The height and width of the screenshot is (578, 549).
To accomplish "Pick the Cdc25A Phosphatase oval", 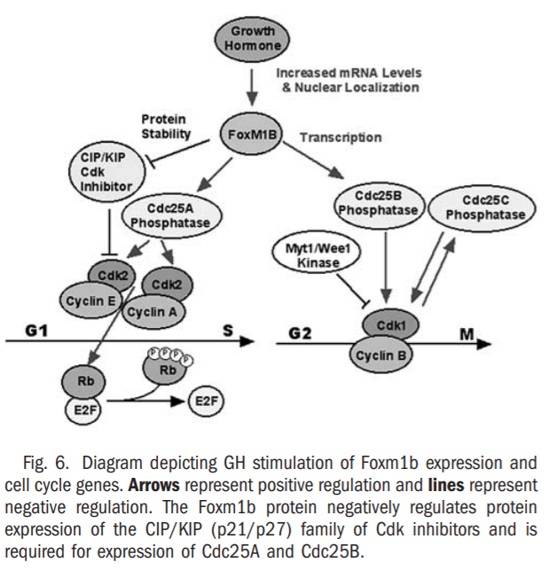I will pyautogui.click(x=170, y=215).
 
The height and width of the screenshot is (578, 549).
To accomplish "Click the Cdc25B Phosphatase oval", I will pyautogui.click(x=379, y=202).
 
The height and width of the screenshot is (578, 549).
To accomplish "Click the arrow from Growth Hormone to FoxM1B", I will pyautogui.click(x=253, y=87).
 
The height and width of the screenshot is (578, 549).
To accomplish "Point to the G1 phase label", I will pyautogui.click(x=35, y=330).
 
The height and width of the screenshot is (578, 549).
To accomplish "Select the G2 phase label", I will pyautogui.click(x=302, y=335).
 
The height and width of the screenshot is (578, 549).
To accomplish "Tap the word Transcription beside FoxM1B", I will pyautogui.click(x=341, y=137).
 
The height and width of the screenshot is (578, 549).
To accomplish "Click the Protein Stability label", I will pyautogui.click(x=165, y=127).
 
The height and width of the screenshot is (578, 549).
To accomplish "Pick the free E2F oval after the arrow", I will pyautogui.click(x=204, y=403).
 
